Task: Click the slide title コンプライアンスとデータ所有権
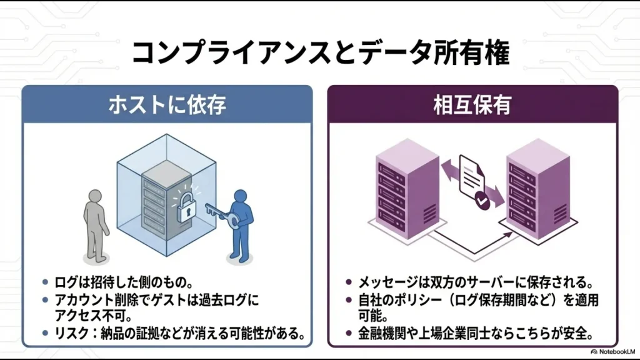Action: pos(320,53)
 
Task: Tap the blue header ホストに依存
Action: pos(167,104)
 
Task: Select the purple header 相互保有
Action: pos(472,104)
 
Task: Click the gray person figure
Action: pos(96,222)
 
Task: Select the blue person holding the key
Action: pos(241,222)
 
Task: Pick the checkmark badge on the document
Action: pos(482,201)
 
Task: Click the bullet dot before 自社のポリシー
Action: pos(351,301)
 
